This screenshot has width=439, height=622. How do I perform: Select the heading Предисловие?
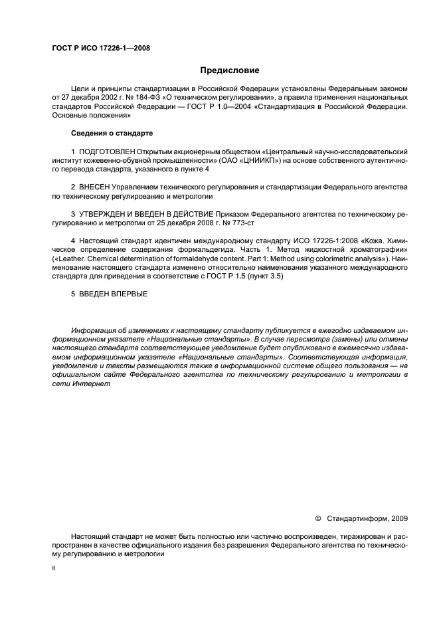(229, 70)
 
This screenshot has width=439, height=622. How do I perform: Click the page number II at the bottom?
(54, 569)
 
